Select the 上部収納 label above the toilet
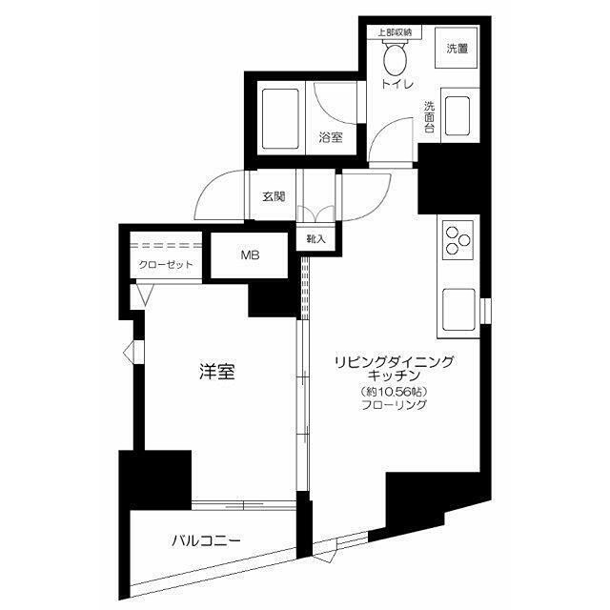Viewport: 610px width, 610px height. tap(395, 32)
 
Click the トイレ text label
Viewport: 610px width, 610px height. tap(396, 85)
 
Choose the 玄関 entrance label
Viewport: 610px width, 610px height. tap(273, 197)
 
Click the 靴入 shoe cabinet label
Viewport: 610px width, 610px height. tap(315, 239)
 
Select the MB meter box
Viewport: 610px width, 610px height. tap(249, 255)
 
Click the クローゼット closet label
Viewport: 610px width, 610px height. tap(167, 265)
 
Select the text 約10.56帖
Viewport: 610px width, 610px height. tap(393, 392)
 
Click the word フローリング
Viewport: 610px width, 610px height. tap(394, 405)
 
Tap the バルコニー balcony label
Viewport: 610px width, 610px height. tap(206, 540)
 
